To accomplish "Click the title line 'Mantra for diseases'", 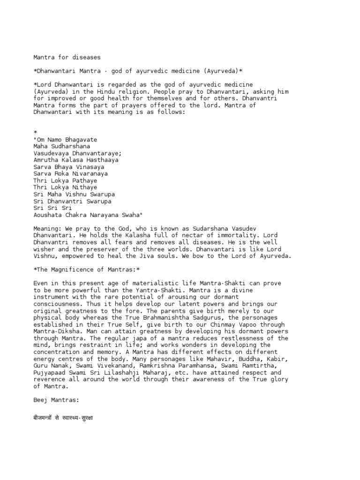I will [x=67, y=57].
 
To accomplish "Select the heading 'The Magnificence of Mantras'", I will [x=87, y=270].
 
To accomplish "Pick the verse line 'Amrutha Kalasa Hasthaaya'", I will [x=76, y=160].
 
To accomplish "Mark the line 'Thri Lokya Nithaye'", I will [x=65, y=187].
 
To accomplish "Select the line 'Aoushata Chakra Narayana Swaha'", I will [x=87, y=214].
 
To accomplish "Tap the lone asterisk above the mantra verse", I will [x=35, y=133].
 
